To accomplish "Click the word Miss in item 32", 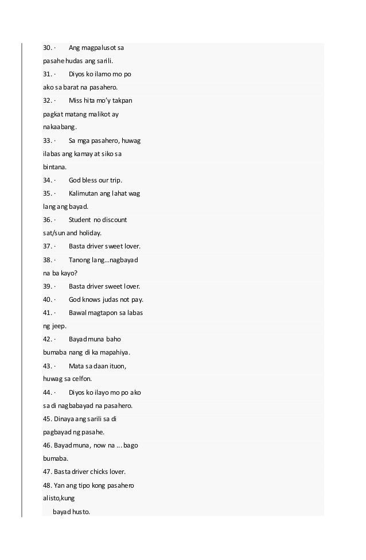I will click(75, 100).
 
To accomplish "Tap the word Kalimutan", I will click(85, 193).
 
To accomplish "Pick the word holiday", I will click(89, 233).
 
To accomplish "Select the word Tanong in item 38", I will click(80, 260).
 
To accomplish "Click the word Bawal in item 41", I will click(78, 313).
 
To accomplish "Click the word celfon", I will click(81, 379).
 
